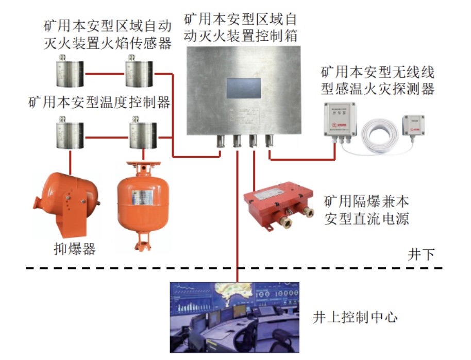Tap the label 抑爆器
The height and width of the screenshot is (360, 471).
pyautogui.click(x=75, y=249)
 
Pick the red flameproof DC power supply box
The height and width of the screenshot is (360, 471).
pyautogui.click(x=279, y=203)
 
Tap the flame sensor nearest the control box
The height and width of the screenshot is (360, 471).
pyautogui.click(x=139, y=74)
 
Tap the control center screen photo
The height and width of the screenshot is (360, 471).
pyautogui.click(x=235, y=317)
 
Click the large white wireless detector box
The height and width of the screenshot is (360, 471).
pyautogui.click(x=340, y=120)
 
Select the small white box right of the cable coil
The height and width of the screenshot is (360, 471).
pyautogui.click(x=414, y=126)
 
